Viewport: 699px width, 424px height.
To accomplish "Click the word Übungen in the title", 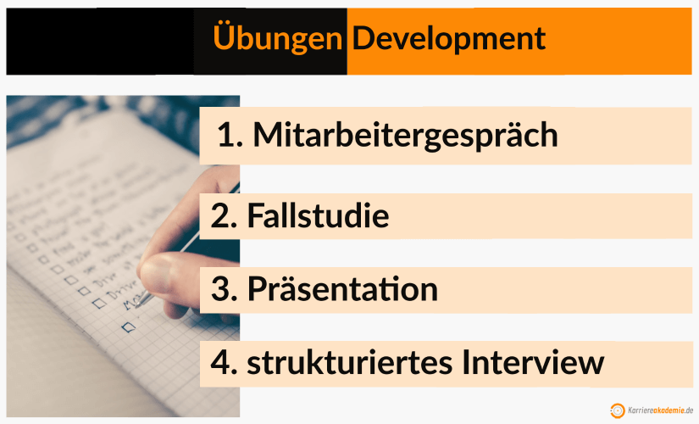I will click(x=277, y=38).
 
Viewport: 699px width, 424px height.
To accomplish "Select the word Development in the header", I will click(x=449, y=38).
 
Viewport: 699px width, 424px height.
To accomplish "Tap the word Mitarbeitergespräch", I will click(x=405, y=135).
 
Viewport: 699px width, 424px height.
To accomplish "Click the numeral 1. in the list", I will click(x=226, y=135).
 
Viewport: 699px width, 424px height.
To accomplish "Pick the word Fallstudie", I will click(x=318, y=216).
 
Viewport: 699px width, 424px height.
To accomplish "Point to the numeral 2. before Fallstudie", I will click(x=224, y=216).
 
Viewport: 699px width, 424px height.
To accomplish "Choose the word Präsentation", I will click(x=342, y=290).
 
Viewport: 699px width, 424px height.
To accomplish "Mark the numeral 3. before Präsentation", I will click(x=224, y=290).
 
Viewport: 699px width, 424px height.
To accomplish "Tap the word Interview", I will click(x=533, y=363).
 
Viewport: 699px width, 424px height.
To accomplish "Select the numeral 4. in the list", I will click(x=224, y=363).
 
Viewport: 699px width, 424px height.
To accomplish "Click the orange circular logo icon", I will click(x=619, y=410).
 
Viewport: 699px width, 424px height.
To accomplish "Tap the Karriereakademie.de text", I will click(x=662, y=410).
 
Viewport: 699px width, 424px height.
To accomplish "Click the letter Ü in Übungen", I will click(x=223, y=37).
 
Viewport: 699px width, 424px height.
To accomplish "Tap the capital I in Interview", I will click(x=468, y=363).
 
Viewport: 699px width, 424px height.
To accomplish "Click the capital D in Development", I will click(x=363, y=38).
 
